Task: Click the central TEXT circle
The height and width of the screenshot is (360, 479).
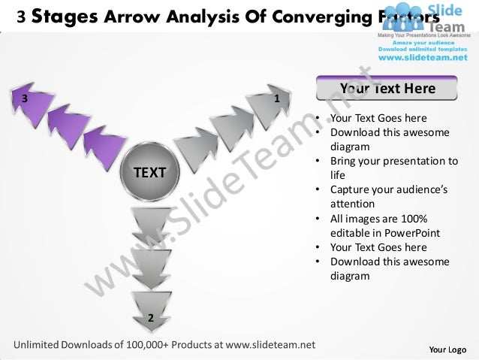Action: (150, 173)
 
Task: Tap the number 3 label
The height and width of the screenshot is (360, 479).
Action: (25, 98)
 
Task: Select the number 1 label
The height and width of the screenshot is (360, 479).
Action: (276, 98)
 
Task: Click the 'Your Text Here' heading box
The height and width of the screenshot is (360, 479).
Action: (387, 89)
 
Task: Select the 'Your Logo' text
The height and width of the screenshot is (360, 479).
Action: (447, 349)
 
